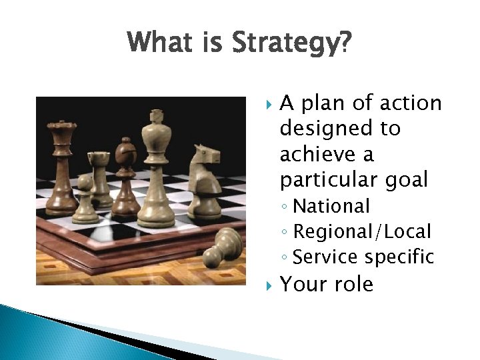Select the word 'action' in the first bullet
pyautogui.click(x=410, y=103)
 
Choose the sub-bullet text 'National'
pyautogui.click(x=331, y=207)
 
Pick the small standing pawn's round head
pyautogui.click(x=85, y=182)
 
